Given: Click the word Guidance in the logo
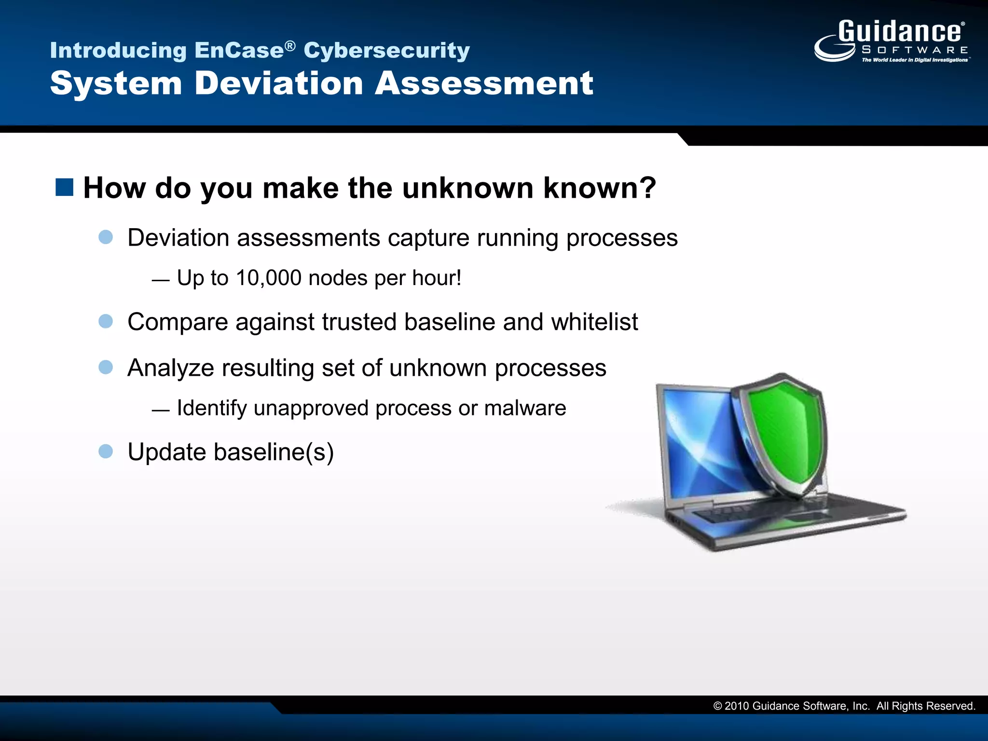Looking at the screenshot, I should pyautogui.click(x=900, y=32).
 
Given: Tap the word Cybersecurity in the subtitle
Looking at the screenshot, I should pyautogui.click(x=386, y=51).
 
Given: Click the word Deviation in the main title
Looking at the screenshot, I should pyautogui.click(x=278, y=83).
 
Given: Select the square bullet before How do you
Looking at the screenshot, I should pyautogui.click(x=64, y=187).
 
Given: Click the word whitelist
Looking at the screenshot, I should pyautogui.click(x=594, y=322).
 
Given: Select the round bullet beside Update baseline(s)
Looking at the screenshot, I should pyautogui.click(x=106, y=452).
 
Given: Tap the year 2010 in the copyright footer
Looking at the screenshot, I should pyautogui.click(x=737, y=706).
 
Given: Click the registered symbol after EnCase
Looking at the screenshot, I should pyautogui.click(x=289, y=45).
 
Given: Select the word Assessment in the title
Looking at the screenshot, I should pyautogui.click(x=484, y=83).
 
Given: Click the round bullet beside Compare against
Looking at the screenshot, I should pyautogui.click(x=106, y=321).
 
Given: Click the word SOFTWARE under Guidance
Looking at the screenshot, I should pyautogui.click(x=915, y=50).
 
